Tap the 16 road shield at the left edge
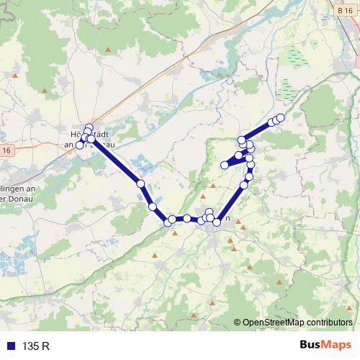(6, 150)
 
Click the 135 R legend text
(35, 346)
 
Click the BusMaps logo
(325, 345)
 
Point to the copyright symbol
(238, 323)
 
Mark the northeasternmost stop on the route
(280, 117)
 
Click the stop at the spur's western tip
(225, 165)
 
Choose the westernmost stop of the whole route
(79, 145)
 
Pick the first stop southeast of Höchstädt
(140, 184)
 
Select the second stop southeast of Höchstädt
(153, 207)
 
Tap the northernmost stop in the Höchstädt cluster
(89, 127)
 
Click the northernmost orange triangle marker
(108, 49)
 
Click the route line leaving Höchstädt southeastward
(115, 161)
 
